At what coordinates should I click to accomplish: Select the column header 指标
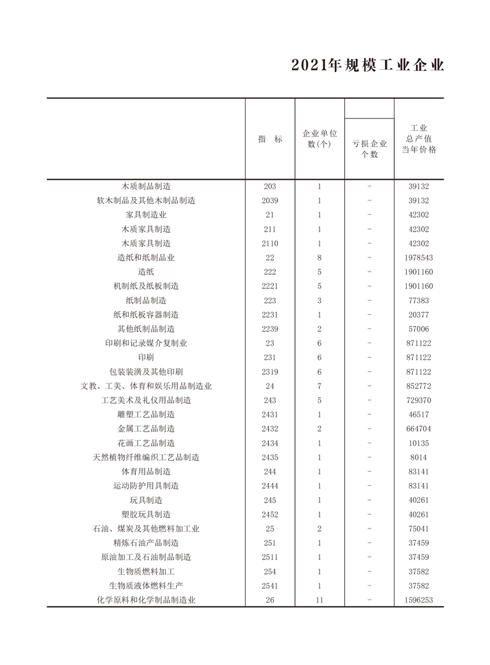tap(270, 140)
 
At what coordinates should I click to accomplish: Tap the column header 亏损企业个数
tap(370, 149)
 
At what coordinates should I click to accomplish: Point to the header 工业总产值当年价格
tap(419, 140)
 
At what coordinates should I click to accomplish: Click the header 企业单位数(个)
tap(319, 139)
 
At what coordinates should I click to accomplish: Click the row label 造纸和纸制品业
tap(146, 257)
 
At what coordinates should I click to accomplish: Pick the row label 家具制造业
tap(146, 215)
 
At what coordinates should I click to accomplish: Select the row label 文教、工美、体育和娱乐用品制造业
tap(146, 386)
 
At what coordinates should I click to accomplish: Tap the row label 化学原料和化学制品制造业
tap(146, 600)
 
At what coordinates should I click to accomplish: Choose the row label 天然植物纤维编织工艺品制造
tap(146, 457)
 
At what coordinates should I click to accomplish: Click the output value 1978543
tap(419, 257)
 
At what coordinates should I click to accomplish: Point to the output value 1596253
tap(419, 600)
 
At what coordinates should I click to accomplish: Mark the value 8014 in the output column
tap(419, 457)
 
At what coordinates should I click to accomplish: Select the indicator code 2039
tap(270, 201)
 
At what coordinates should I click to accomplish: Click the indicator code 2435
tap(270, 457)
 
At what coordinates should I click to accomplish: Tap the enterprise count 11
tap(319, 600)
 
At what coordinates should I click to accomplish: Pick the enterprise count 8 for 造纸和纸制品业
tap(319, 257)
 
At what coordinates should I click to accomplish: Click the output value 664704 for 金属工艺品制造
tap(419, 429)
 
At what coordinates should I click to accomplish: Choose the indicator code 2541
tap(270, 585)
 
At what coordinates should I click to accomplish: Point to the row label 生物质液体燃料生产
tap(146, 585)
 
